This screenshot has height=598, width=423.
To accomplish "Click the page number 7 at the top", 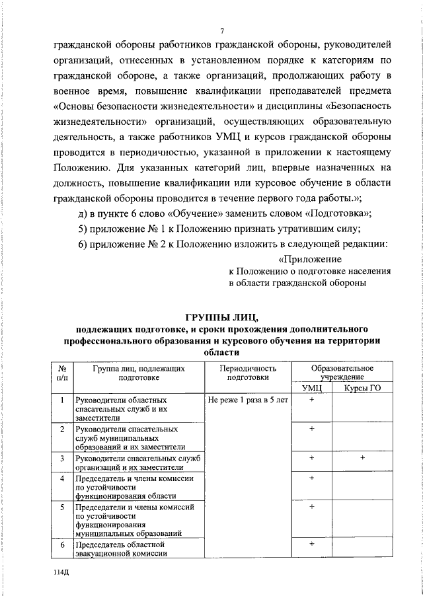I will click(223, 31).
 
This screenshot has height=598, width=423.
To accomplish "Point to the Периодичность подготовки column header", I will click(248, 373).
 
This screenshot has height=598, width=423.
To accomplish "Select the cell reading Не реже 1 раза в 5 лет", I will click(248, 400).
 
